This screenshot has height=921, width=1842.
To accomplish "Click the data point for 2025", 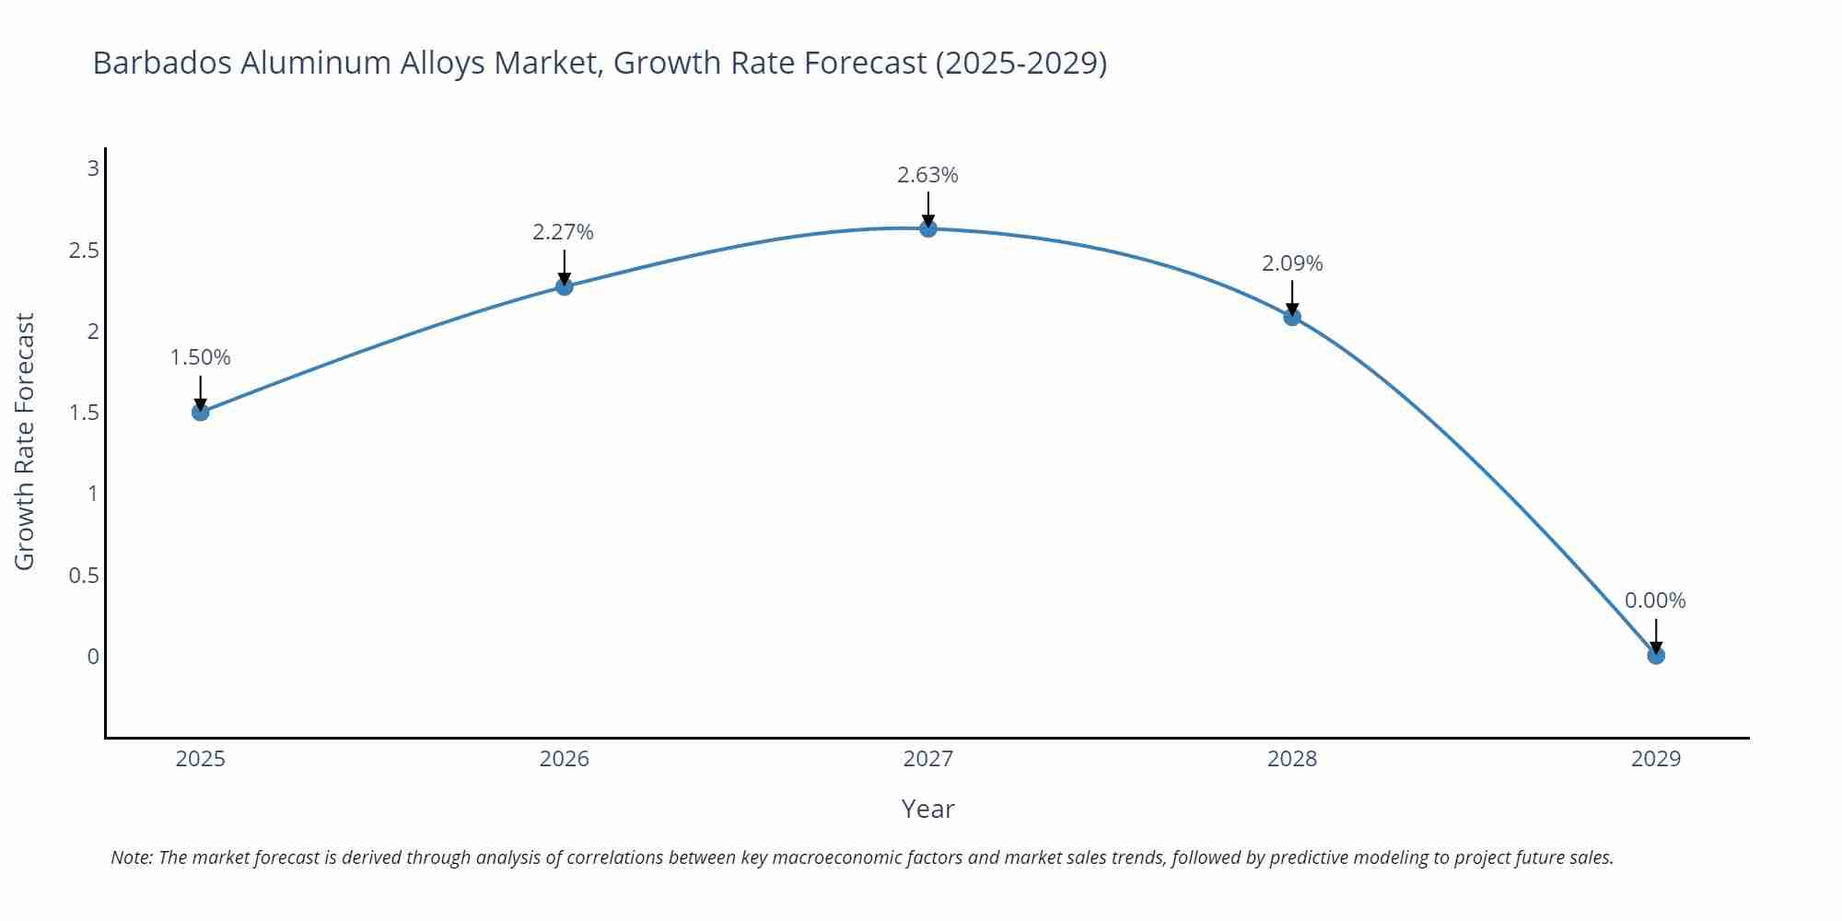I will pyautogui.click(x=201, y=412).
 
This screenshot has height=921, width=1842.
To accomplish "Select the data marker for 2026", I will pyautogui.click(x=565, y=286).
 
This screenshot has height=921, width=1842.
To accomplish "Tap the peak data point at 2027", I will pyautogui.click(x=928, y=228).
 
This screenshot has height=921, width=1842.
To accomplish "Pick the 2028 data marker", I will pyautogui.click(x=1292, y=317).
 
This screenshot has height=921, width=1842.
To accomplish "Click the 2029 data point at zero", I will pyautogui.click(x=1656, y=656).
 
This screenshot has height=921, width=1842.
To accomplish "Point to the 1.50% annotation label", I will pyautogui.click(x=201, y=357).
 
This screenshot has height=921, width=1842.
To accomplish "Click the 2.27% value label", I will pyautogui.click(x=564, y=232).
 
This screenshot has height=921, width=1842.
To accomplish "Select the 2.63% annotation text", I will pyautogui.click(x=928, y=175).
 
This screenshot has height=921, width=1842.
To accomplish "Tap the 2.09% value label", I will pyautogui.click(x=1292, y=263).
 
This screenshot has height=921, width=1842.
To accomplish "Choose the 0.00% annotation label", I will pyautogui.click(x=1655, y=600).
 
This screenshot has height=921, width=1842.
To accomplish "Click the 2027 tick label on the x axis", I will pyautogui.click(x=928, y=759).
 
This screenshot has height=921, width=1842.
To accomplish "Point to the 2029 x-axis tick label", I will pyautogui.click(x=1656, y=759).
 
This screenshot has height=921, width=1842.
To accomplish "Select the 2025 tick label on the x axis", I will pyautogui.click(x=201, y=759).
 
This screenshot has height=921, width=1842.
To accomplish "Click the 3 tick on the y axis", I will pyautogui.click(x=93, y=169).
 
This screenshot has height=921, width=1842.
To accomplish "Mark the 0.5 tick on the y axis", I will pyautogui.click(x=84, y=576).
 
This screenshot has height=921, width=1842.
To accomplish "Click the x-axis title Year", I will pyautogui.click(x=928, y=809).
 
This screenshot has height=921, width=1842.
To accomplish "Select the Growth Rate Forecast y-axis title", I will pyautogui.click(x=25, y=441).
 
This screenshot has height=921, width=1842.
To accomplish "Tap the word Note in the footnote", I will pyautogui.click(x=132, y=857).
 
